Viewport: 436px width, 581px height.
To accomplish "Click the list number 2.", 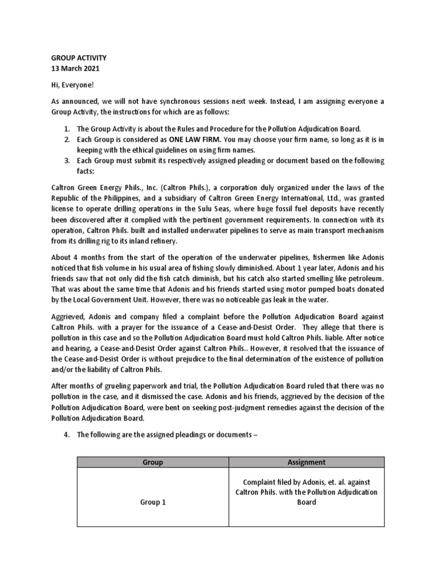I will (66, 140).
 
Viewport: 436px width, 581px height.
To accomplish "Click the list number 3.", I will (66, 161).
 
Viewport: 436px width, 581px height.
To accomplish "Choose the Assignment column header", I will (306, 462).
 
